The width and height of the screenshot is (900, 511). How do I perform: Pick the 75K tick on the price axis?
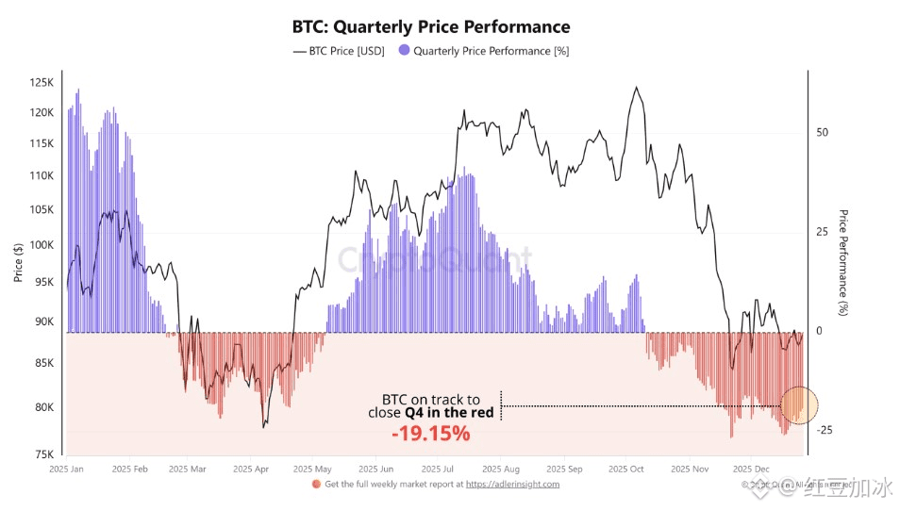[x=45, y=454]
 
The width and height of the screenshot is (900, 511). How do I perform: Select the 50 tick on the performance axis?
[x=823, y=133]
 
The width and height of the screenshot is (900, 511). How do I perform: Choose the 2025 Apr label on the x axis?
[x=251, y=469]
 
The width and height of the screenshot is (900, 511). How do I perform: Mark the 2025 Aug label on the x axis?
[x=499, y=469]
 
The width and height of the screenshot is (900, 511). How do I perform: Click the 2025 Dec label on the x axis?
[x=751, y=469]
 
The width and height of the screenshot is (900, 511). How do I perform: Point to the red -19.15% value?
[x=431, y=434]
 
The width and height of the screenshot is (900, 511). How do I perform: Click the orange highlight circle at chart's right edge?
[x=800, y=404]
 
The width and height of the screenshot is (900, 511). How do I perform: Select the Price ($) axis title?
[x=18, y=263]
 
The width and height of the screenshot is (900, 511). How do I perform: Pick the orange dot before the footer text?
[x=316, y=485]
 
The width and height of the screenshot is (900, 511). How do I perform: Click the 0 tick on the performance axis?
[x=819, y=331]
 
